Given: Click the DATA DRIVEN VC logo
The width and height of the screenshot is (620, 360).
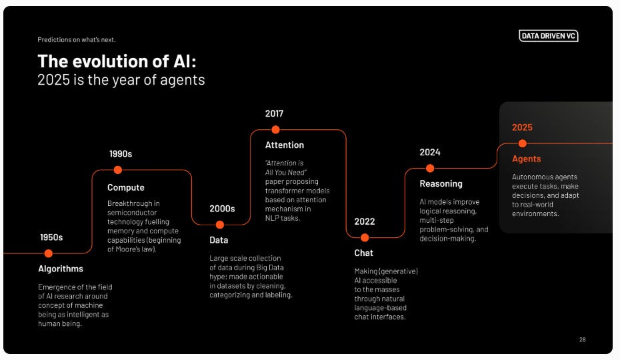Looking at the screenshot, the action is pos(549,36).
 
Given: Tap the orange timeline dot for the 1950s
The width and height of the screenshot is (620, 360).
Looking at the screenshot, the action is pos(48,253).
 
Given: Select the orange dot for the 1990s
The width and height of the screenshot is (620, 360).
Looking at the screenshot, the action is pos(118,170).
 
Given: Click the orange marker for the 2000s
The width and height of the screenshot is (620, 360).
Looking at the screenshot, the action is pos(220,225).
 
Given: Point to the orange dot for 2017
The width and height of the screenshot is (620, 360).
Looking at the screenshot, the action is pos(275,129).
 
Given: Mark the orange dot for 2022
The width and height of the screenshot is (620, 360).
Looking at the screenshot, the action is pos(365,237).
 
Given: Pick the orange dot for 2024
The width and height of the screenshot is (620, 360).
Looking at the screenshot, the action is pos(430,168).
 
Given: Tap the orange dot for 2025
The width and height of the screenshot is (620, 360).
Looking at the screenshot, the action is pos(523,143).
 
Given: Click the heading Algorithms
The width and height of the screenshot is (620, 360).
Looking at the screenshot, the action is pos(61,269).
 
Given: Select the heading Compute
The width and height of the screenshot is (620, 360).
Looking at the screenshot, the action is pos(126,187).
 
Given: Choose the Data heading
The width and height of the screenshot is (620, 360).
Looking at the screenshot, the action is pos(219,240).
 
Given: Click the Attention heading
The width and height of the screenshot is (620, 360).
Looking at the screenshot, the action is pos(285,145).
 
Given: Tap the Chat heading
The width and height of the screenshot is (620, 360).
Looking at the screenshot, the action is pos(364,253).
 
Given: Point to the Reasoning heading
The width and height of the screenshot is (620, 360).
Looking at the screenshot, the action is pos(441,183).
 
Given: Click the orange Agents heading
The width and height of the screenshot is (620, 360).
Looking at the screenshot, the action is pos(527,159).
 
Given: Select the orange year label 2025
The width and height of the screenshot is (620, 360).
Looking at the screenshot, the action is pos(522,127).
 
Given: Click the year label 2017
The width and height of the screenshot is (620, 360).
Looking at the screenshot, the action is pos(274,113).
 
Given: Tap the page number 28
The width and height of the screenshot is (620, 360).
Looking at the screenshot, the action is pos(582,339).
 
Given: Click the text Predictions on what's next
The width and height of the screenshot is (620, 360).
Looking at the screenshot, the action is pos(77,39).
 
